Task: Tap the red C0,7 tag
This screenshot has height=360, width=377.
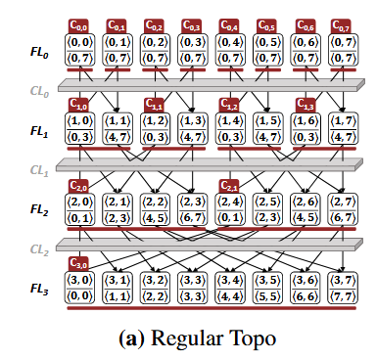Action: (339, 24)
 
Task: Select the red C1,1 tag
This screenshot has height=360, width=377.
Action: (156, 105)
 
